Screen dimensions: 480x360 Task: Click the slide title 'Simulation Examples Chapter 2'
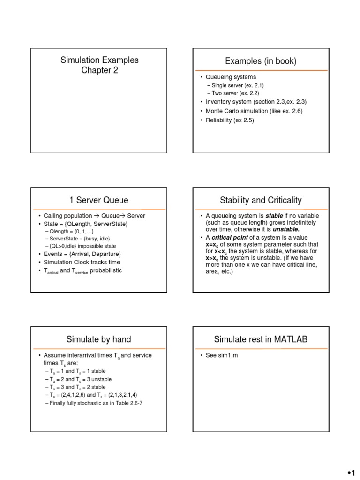tap(99, 65)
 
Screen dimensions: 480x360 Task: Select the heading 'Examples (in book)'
tap(261, 61)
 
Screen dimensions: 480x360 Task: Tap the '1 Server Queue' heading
tap(99, 200)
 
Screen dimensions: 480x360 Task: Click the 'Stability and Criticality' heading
tap(261, 200)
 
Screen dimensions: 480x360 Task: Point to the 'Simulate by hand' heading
tap(99, 339)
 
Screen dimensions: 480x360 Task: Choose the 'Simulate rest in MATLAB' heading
tap(261, 339)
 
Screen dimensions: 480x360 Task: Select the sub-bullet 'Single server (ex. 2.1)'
tap(235, 85)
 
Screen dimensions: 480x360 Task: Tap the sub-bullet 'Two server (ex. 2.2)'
tap(232, 93)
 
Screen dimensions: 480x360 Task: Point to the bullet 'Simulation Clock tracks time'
tap(82, 262)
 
